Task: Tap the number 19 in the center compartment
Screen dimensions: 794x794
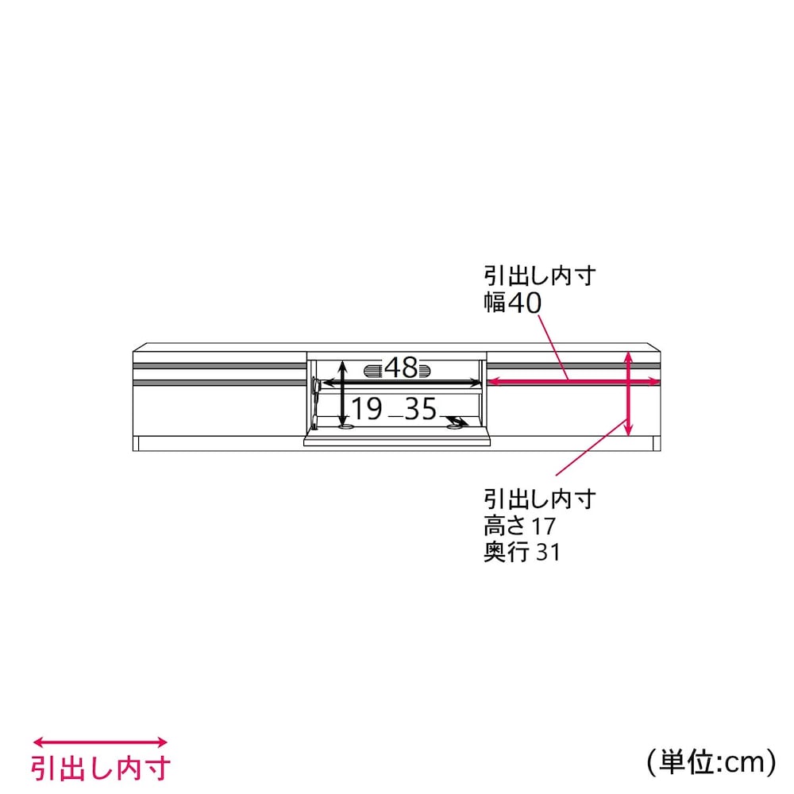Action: pyautogui.click(x=367, y=409)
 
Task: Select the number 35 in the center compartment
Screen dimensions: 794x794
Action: pyautogui.click(x=420, y=409)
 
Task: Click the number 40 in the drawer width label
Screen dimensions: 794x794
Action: pyautogui.click(x=525, y=303)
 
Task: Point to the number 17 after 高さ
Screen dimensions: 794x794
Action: pyautogui.click(x=543, y=526)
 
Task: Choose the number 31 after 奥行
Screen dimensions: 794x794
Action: pyautogui.click(x=548, y=553)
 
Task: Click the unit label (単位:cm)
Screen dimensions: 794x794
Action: pyautogui.click(x=711, y=761)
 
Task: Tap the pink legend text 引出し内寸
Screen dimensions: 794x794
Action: pyautogui.click(x=101, y=768)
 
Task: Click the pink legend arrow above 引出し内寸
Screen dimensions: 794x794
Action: pyautogui.click(x=100, y=742)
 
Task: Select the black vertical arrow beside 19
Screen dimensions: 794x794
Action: pyautogui.click(x=343, y=394)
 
